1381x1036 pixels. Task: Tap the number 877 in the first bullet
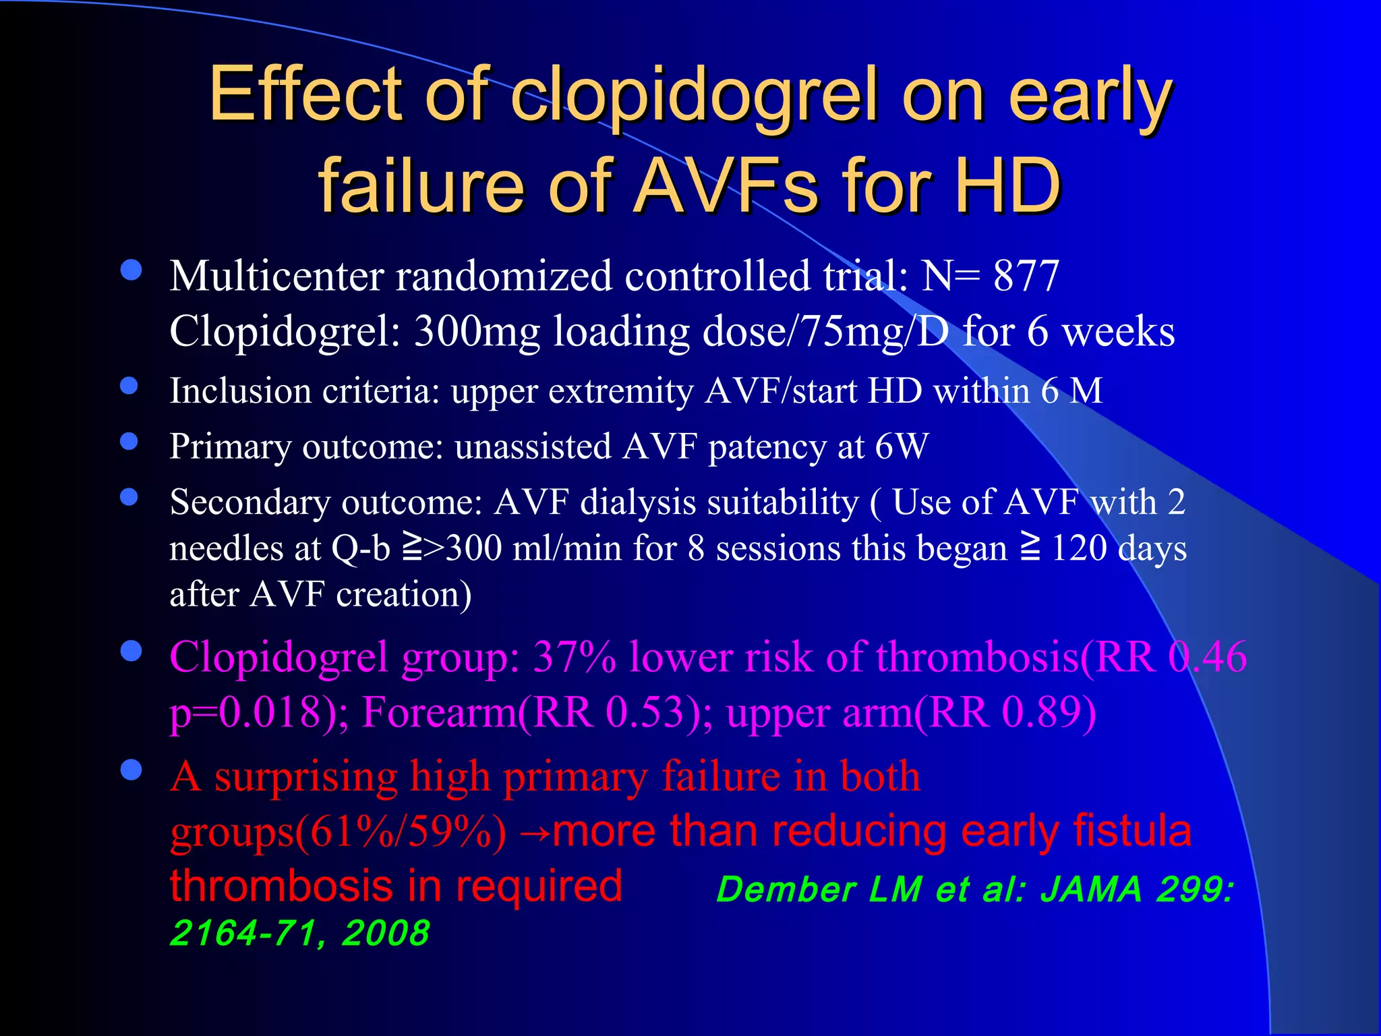click(x=1026, y=276)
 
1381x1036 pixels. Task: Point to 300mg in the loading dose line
click(x=477, y=332)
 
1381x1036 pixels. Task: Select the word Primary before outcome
click(x=230, y=447)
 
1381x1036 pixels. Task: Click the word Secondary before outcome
click(x=249, y=502)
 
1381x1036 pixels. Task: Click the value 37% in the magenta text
click(x=574, y=656)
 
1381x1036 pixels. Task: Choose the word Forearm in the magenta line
click(x=439, y=712)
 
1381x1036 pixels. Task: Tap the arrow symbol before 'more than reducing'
click(x=535, y=834)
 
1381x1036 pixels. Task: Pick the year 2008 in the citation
click(x=385, y=933)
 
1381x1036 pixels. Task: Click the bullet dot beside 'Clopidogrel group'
click(x=131, y=652)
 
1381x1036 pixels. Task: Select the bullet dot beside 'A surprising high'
click(x=131, y=770)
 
